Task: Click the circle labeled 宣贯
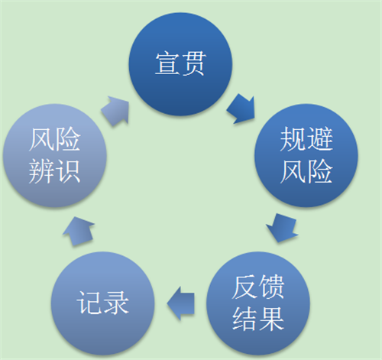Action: [180, 64]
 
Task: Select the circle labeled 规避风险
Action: [306, 155]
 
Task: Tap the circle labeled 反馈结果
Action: [258, 303]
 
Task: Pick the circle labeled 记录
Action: [102, 303]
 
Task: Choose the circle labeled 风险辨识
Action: [54, 155]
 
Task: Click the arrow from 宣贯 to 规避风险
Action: [241, 109]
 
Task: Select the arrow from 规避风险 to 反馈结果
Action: [282, 228]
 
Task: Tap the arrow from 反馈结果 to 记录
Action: [181, 303]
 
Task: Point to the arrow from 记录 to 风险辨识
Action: [79, 231]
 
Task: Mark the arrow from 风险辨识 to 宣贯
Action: [115, 110]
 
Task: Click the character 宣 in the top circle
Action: [167, 63]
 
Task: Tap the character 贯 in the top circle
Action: [193, 63]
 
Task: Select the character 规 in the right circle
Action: [293, 139]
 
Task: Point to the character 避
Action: [320, 139]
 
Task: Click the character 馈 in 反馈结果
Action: [271, 287]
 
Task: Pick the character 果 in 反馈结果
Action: [271, 319]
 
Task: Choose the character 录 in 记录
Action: [116, 303]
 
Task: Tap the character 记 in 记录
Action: [89, 303]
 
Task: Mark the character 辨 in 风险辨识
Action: [41, 170]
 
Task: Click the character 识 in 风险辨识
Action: [68, 170]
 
